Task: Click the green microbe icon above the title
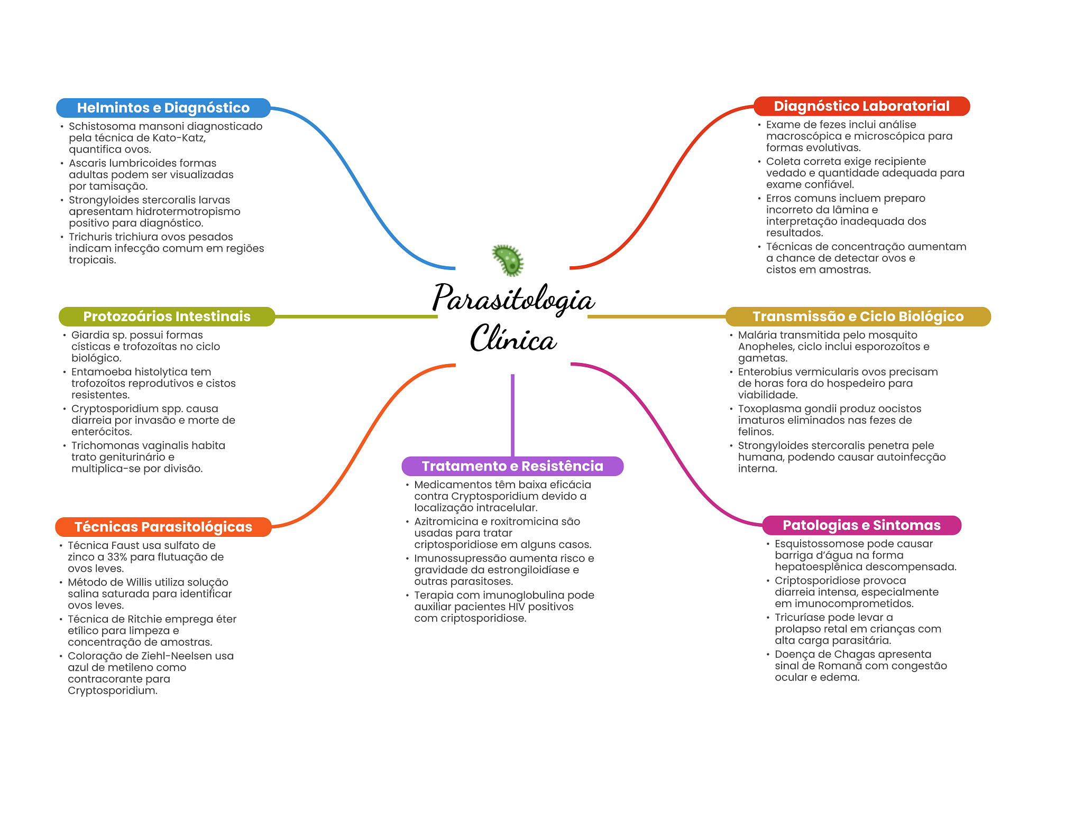pyautogui.click(x=508, y=260)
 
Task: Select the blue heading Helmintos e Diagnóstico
pyautogui.click(x=163, y=108)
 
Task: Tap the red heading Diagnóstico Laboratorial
pyautogui.click(x=861, y=106)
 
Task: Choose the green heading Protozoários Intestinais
pyautogui.click(x=167, y=316)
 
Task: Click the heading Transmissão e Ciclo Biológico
pyautogui.click(x=858, y=316)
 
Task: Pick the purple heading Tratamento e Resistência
pyautogui.click(x=512, y=466)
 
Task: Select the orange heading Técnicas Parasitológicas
pyautogui.click(x=163, y=527)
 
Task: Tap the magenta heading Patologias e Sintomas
pyautogui.click(x=861, y=525)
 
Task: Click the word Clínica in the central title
pyautogui.click(x=513, y=339)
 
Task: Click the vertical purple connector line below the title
pyautogui.click(x=512, y=415)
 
